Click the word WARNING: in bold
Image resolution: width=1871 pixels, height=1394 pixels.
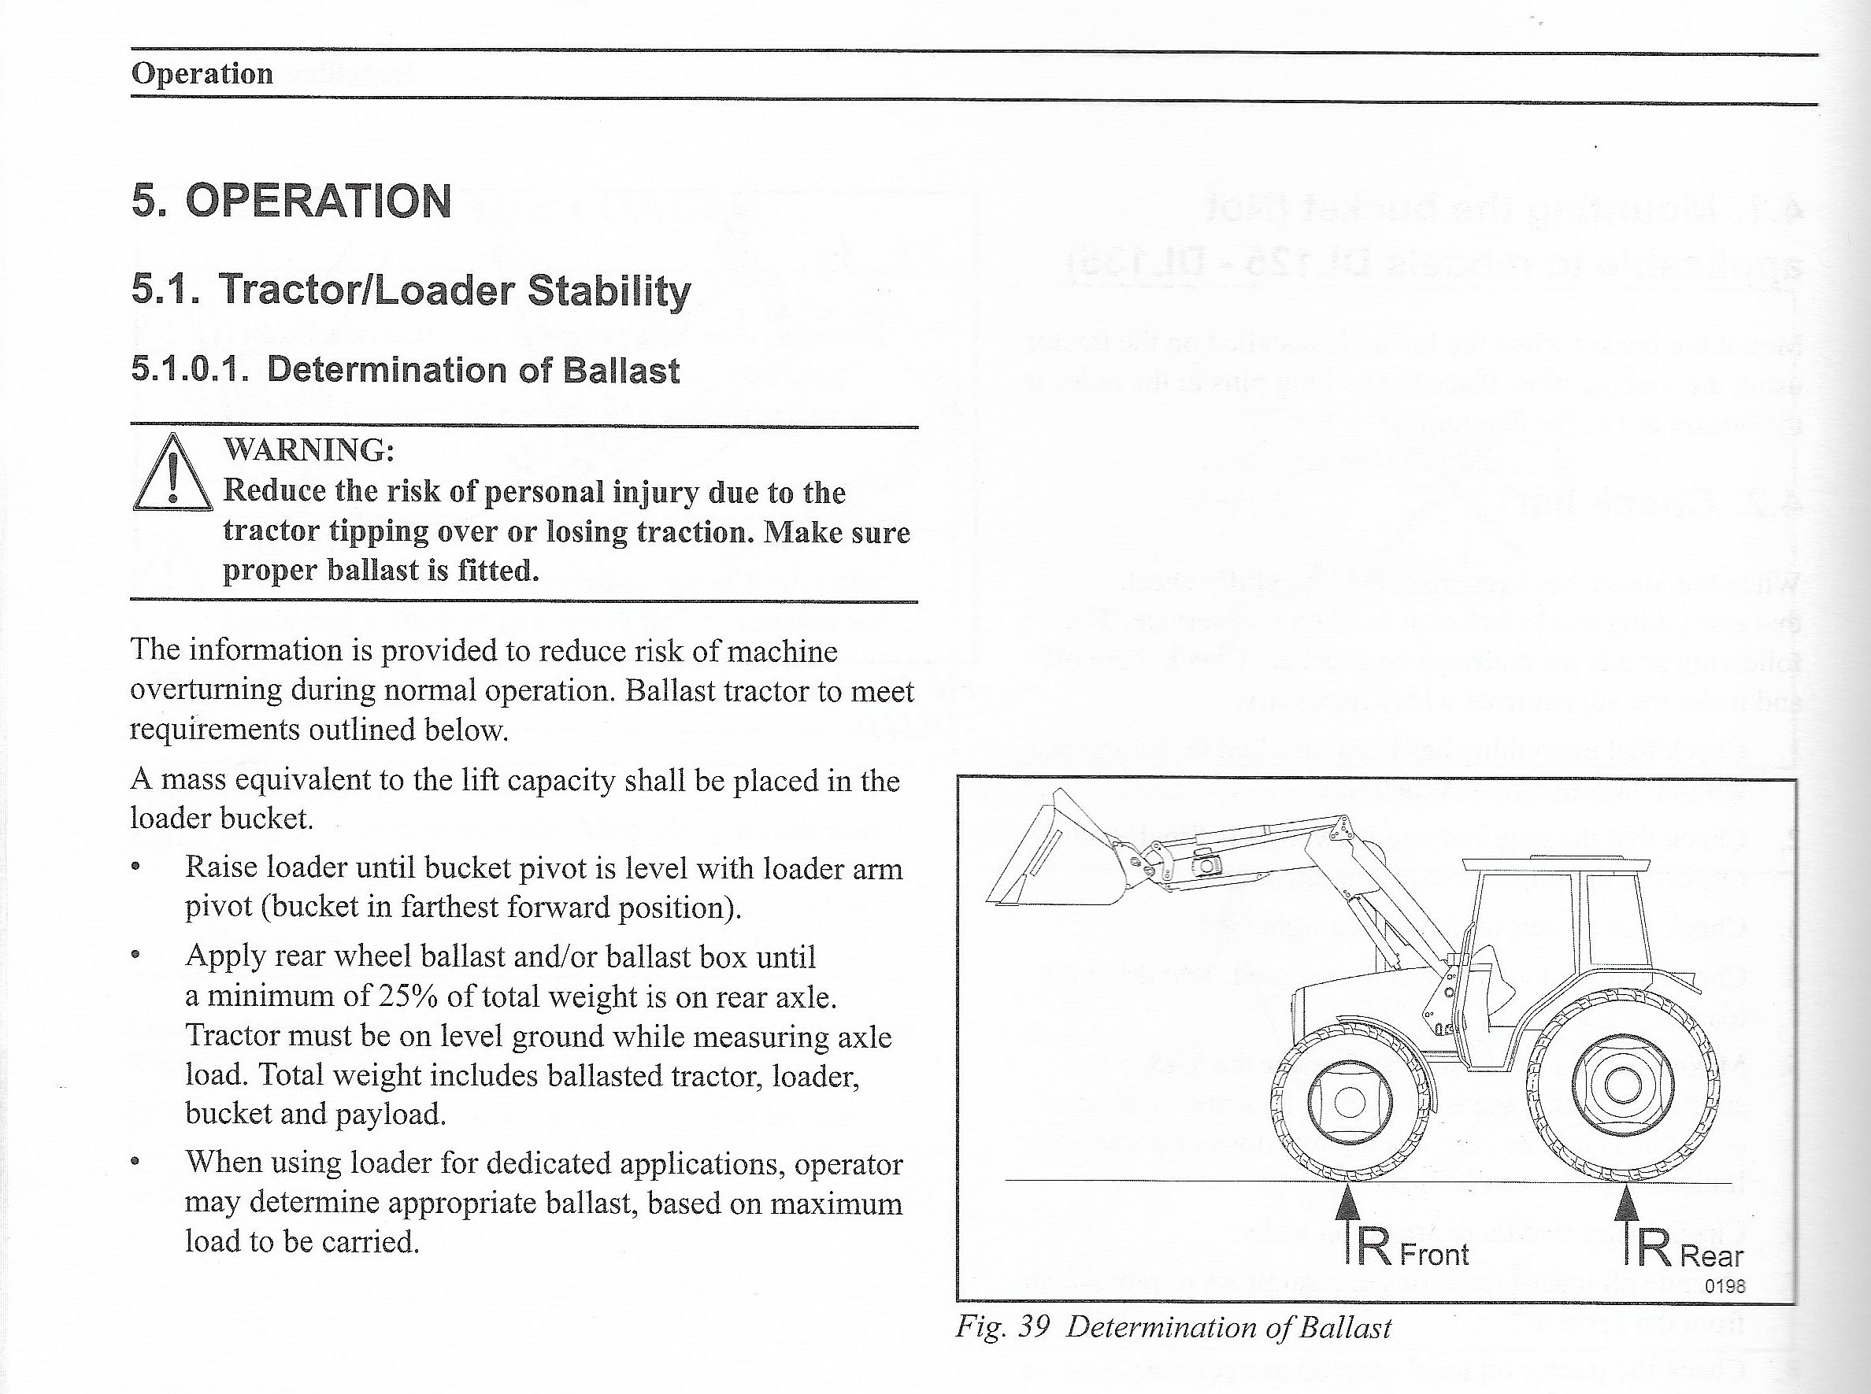tap(309, 449)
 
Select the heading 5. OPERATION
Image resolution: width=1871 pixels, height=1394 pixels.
tap(291, 201)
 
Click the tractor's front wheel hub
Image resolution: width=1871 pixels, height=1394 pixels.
tap(1348, 1101)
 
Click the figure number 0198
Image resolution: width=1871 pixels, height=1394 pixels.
tap(1725, 1286)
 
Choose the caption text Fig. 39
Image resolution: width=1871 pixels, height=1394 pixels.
tap(1002, 1327)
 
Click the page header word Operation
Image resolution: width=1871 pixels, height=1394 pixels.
tap(202, 73)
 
